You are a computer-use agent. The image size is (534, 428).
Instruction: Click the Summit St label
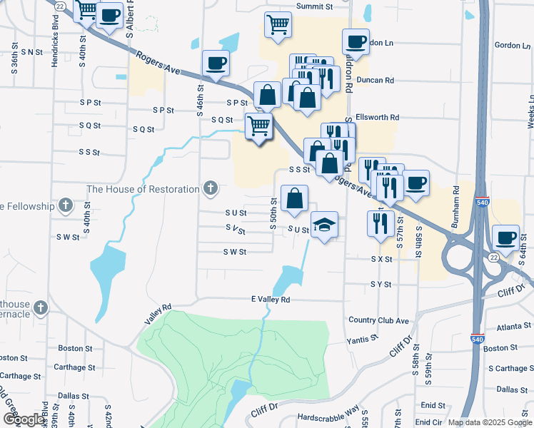315,6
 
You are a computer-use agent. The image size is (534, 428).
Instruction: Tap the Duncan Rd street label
376,81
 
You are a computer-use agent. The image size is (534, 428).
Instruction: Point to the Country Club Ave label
378,320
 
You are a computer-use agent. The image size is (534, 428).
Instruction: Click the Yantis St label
363,339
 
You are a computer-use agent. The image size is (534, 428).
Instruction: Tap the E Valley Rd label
271,300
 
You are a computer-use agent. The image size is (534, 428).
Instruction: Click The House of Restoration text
143,189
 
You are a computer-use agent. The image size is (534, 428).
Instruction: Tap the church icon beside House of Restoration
210,188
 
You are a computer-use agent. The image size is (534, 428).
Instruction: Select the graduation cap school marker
324,225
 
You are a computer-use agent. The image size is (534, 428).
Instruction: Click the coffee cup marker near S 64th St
507,238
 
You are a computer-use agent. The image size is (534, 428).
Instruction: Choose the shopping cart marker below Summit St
278,24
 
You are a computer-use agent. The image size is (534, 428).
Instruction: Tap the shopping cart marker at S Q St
258,126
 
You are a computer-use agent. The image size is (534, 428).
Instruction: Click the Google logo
23,419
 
